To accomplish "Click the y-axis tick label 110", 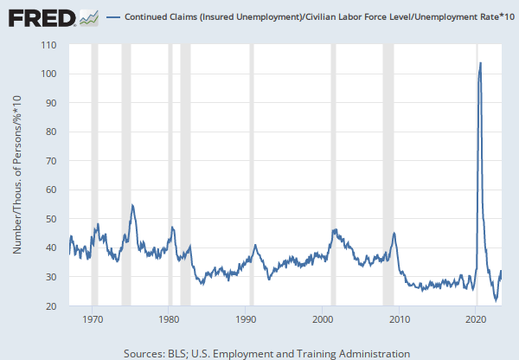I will tap(48, 45).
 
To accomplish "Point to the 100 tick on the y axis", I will tap(48, 74).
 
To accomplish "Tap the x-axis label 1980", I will tap(169, 319).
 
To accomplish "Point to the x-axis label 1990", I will tap(246, 319).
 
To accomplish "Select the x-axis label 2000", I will tap(323, 319).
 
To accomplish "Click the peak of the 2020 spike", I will tap(480, 62).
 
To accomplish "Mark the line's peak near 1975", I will tap(132, 205).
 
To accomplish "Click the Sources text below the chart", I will tap(266, 353).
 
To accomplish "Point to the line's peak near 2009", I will tap(394, 233).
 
